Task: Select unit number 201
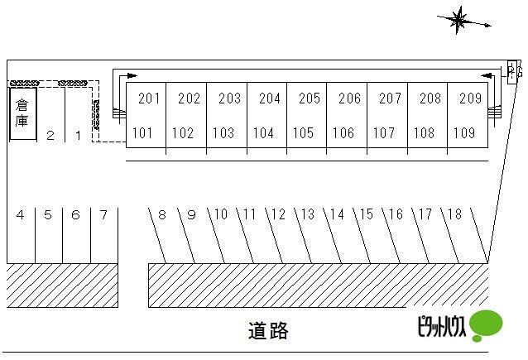(x=149, y=98)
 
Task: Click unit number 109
(x=464, y=132)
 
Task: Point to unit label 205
(x=310, y=98)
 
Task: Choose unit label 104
(x=263, y=132)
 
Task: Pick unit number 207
(x=390, y=98)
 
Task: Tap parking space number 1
(x=78, y=135)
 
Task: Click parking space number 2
(x=50, y=135)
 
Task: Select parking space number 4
(x=20, y=215)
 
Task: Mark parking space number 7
(x=103, y=215)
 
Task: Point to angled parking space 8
(x=162, y=215)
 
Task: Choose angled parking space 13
(x=308, y=215)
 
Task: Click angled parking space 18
(x=454, y=215)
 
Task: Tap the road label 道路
(x=268, y=331)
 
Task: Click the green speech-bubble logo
(x=486, y=325)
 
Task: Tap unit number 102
(x=183, y=132)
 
